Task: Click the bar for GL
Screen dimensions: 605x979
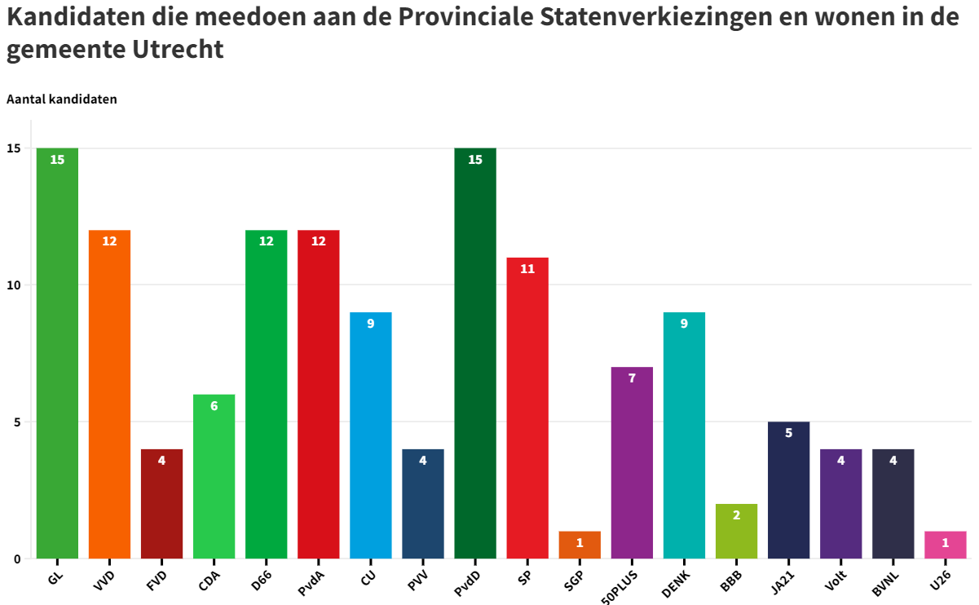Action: coord(57,353)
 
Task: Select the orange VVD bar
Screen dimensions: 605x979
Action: coord(109,394)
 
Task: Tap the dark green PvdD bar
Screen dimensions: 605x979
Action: coord(475,353)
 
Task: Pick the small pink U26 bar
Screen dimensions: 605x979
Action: coord(945,545)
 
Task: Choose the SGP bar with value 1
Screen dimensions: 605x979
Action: coord(580,545)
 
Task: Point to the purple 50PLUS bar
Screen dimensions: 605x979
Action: coord(632,462)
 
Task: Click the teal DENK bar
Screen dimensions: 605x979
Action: coord(684,435)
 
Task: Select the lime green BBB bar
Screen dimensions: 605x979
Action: coord(736,531)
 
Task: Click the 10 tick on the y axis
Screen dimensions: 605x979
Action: coord(14,285)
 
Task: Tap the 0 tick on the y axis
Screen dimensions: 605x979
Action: coord(16,559)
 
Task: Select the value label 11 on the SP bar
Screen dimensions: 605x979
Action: coord(527,268)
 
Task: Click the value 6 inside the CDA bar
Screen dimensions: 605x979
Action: coord(214,405)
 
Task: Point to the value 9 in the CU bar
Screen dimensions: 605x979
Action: coord(370,323)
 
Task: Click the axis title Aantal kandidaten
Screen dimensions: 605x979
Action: coord(62,99)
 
